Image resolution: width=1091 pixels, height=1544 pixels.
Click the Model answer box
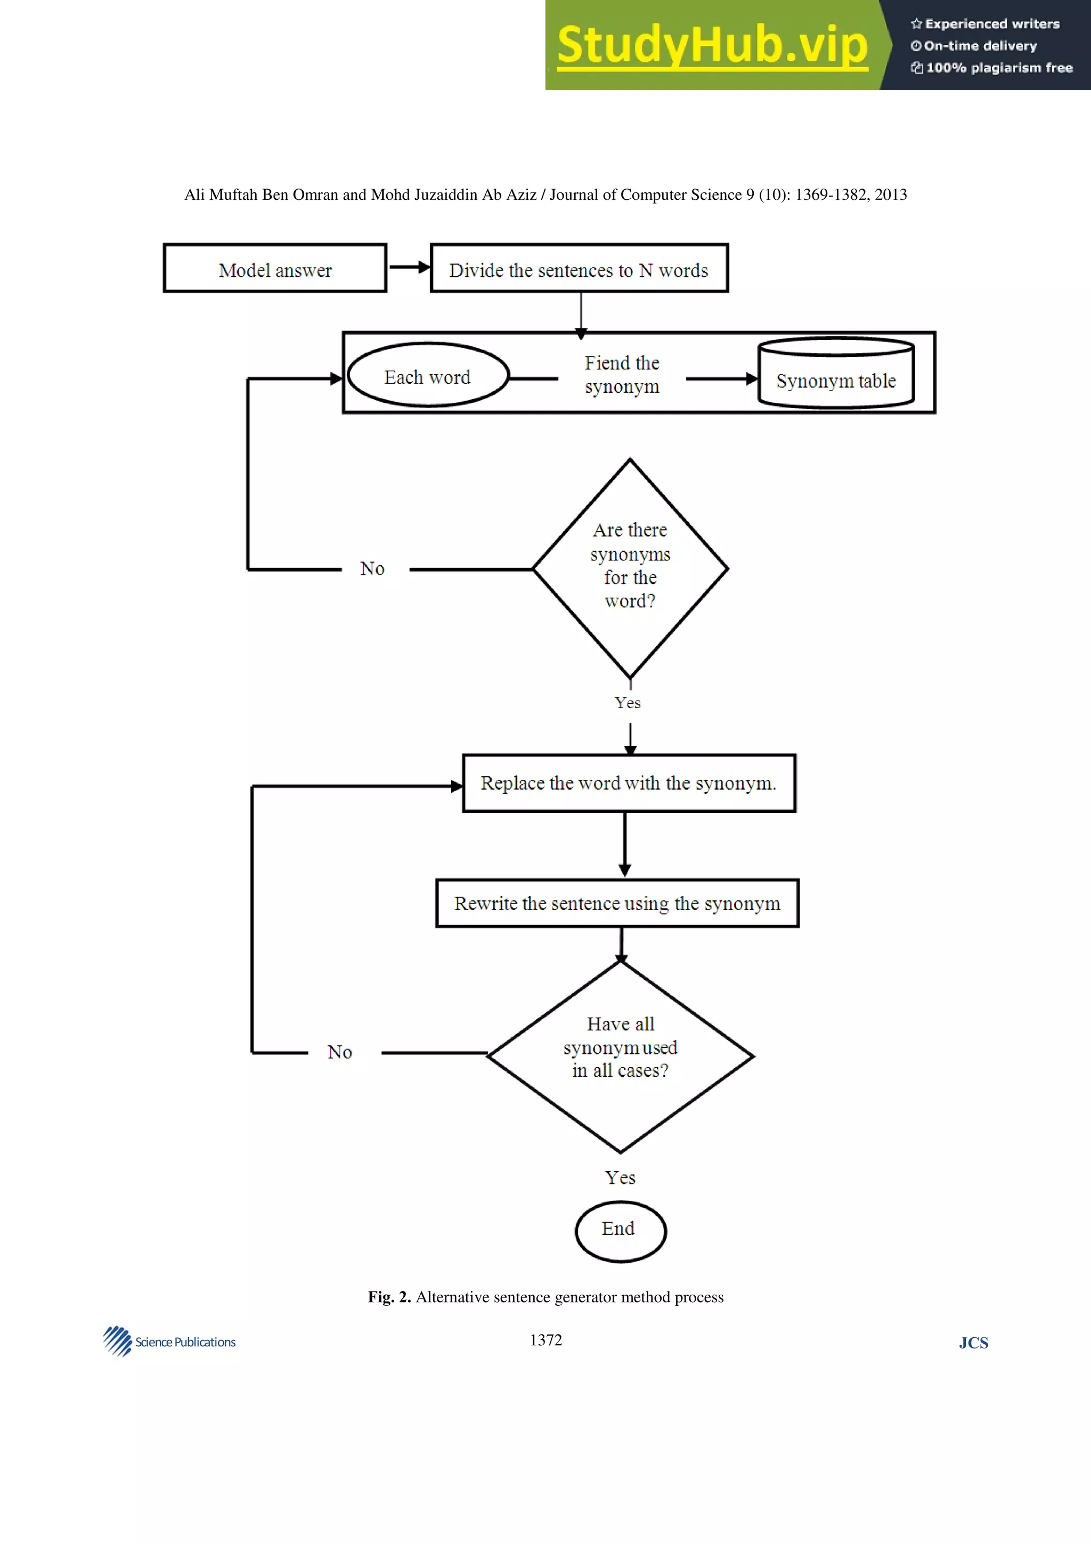[x=275, y=269]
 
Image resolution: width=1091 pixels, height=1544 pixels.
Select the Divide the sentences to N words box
[x=579, y=269]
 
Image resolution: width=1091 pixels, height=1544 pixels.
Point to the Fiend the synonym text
[x=622, y=375]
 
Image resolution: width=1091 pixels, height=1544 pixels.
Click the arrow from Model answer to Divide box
[x=409, y=267]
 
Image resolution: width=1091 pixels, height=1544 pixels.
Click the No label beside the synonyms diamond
[x=372, y=569]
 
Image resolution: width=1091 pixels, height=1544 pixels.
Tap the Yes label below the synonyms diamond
[x=627, y=703]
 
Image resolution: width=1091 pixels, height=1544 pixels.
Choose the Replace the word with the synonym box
[x=629, y=783]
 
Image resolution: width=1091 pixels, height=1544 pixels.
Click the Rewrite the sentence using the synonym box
[x=617, y=903]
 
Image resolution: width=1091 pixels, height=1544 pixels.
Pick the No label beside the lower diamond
[x=339, y=1052]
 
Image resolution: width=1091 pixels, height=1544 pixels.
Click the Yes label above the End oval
[x=620, y=1177]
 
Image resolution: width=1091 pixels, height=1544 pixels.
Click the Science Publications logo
[x=169, y=1342]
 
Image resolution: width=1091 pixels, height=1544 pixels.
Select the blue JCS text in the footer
[x=973, y=1344]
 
